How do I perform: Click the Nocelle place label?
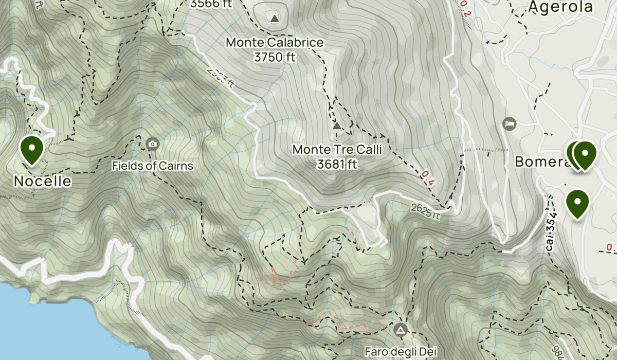tap(42, 182)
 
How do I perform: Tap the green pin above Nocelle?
tap(32, 149)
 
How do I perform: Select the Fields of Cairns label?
tap(153, 166)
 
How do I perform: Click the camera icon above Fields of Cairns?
tap(152, 143)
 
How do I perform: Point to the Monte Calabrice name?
tap(275, 42)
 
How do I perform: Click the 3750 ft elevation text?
tap(275, 57)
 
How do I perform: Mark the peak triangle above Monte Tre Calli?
tap(337, 126)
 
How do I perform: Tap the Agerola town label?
tap(560, 7)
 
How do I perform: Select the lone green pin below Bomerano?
tap(577, 203)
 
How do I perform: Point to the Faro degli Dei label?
tap(401, 352)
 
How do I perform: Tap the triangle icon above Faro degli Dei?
tap(401, 329)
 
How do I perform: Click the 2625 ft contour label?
tap(425, 211)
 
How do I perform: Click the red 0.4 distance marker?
tap(428, 177)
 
